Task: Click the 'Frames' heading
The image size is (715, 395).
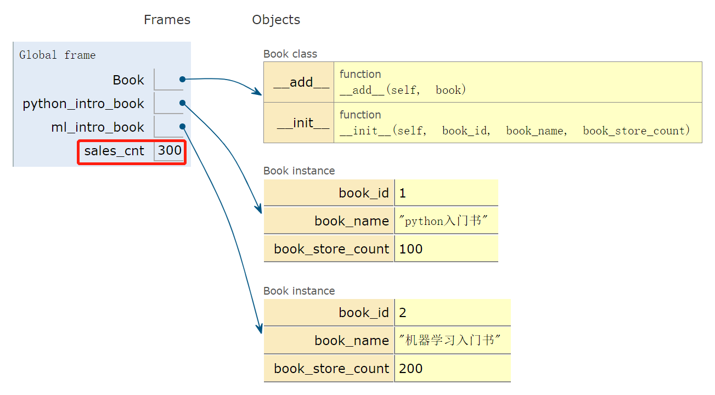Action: point(167,20)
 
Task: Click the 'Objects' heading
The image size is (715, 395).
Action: point(276,20)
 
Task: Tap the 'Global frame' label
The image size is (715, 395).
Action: point(58,55)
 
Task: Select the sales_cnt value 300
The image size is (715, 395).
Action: point(170,150)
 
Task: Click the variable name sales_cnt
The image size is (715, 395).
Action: point(114,151)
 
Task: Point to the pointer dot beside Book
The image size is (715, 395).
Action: point(183,79)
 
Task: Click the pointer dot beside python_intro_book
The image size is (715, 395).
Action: point(183,103)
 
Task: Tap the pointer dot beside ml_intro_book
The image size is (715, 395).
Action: point(183,127)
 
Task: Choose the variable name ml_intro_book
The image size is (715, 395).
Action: point(98,127)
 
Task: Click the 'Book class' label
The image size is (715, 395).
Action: point(290,54)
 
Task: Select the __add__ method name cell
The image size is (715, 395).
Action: point(299,82)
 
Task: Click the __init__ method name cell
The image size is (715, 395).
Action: point(299,122)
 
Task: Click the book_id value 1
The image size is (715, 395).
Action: point(403,193)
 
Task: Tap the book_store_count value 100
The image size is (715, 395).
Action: point(411,249)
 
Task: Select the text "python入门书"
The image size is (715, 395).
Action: point(443,221)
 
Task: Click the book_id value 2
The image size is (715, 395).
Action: point(403,313)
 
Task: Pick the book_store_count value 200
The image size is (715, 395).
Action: point(411,369)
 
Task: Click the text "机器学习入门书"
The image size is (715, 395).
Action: point(450,340)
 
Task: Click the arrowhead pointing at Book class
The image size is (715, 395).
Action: point(257,92)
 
